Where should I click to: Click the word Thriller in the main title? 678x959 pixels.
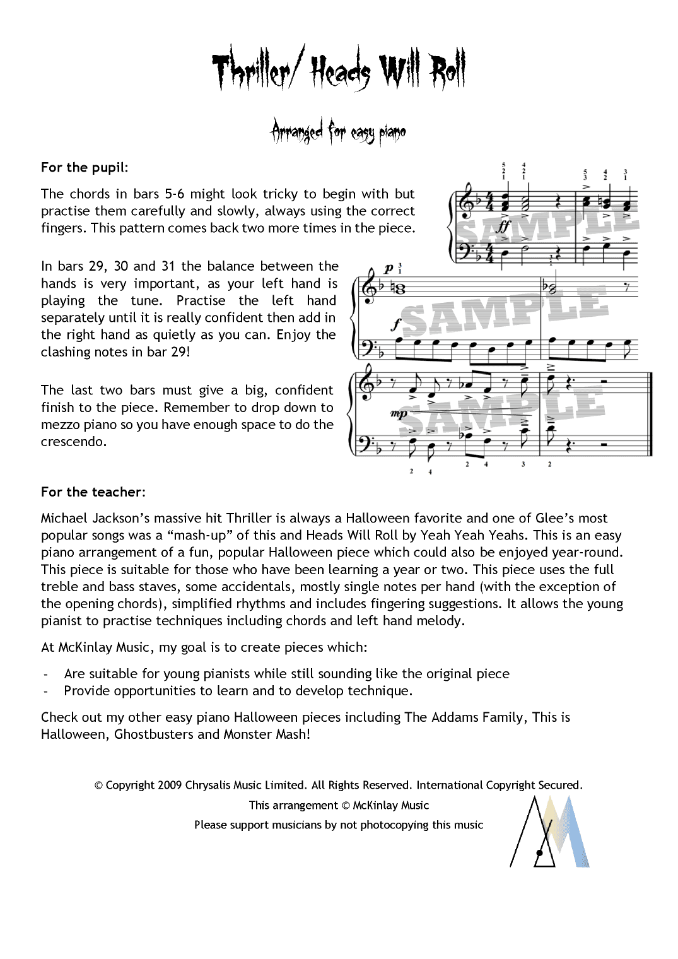tap(251, 71)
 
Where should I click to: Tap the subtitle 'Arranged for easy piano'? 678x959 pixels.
tap(338, 132)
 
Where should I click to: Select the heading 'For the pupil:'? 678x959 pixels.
tap(84, 167)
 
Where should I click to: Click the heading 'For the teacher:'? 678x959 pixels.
tap(93, 491)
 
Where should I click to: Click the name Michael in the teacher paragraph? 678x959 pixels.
tap(64, 518)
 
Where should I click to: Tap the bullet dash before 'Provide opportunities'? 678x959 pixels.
tap(46, 691)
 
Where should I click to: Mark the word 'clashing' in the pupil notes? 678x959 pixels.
tap(66, 352)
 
